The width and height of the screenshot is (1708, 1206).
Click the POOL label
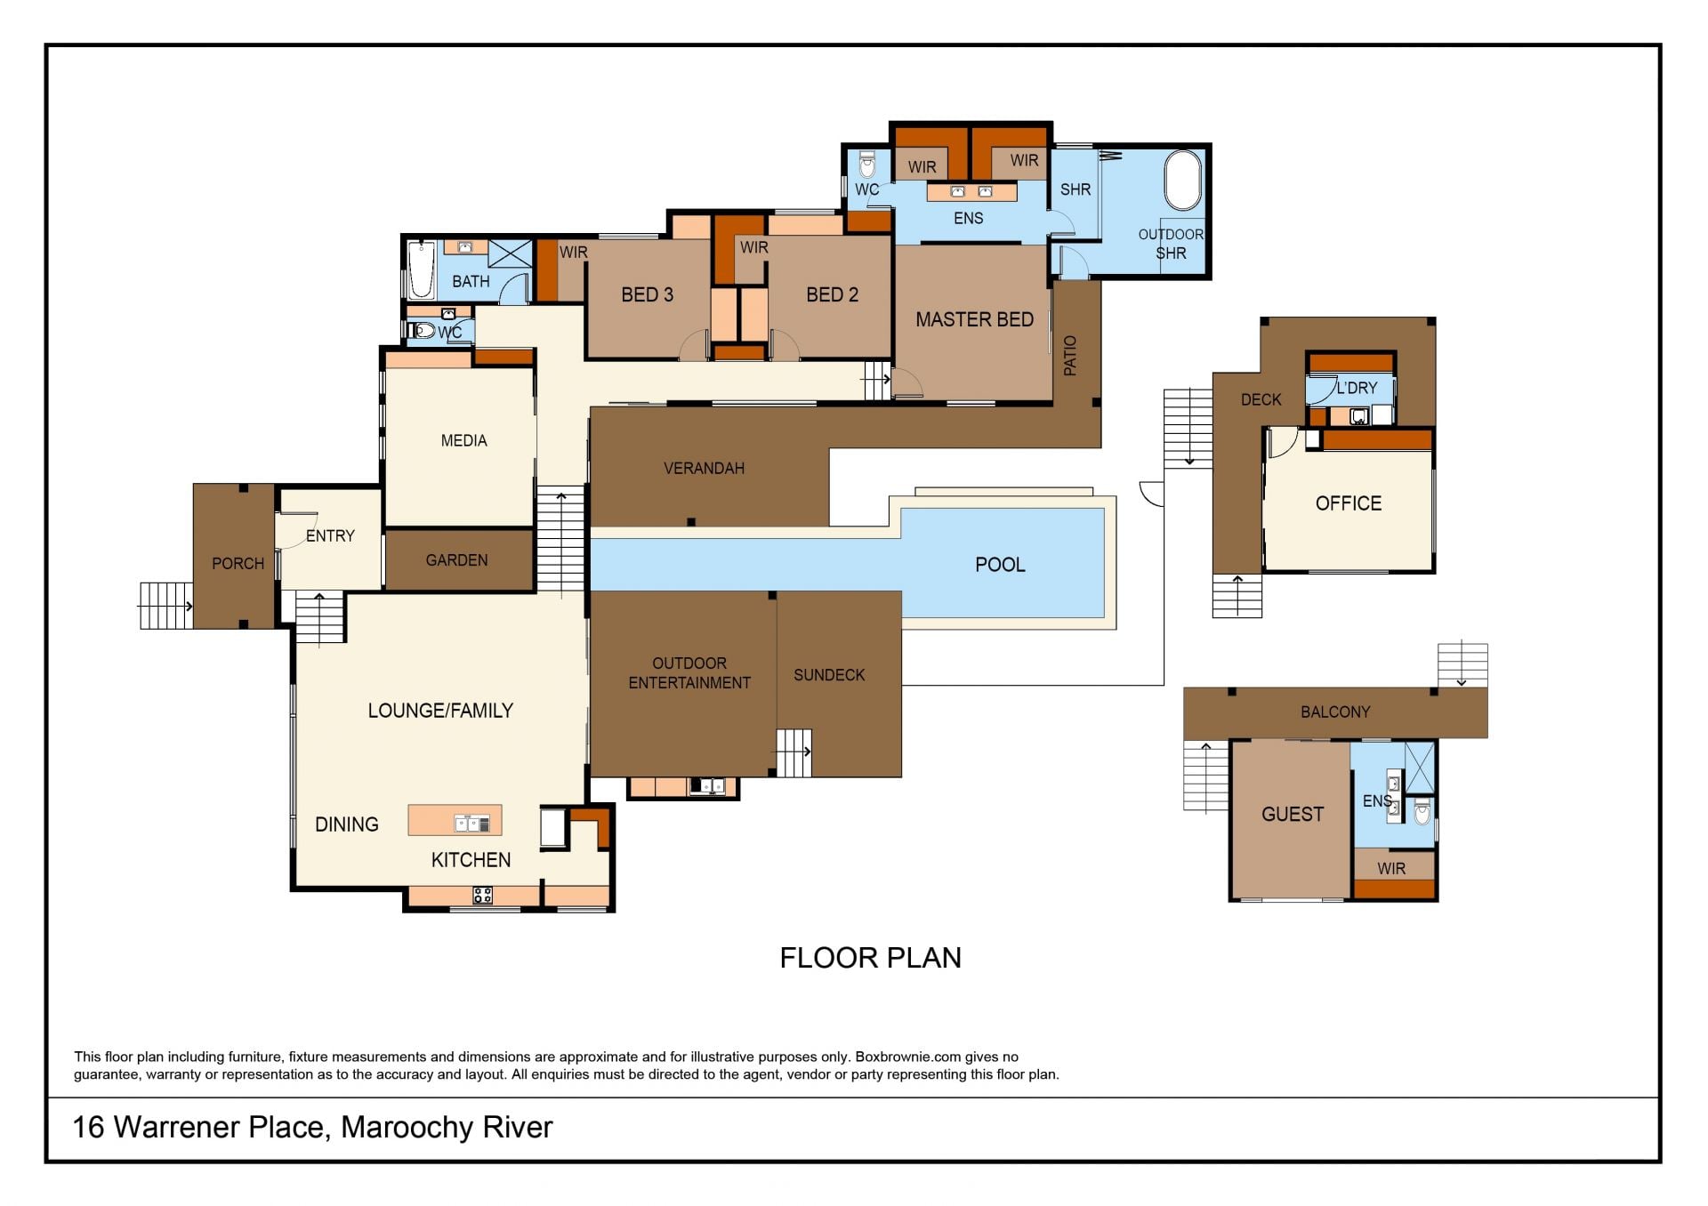pos(1000,565)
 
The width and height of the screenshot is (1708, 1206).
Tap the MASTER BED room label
pos(974,319)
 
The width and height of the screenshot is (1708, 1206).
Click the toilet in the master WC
pos(867,165)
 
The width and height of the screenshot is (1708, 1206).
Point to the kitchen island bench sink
pos(472,823)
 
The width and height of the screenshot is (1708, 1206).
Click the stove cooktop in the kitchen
pos(482,895)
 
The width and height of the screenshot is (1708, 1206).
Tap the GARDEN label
pos(456,560)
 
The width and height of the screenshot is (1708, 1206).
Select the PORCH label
pos(238,564)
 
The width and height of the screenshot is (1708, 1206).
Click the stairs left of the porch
pos(166,606)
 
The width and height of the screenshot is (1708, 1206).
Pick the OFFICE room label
pos(1349,503)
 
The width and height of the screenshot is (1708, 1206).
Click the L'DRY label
pos(1357,388)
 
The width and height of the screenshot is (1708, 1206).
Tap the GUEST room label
pos(1293,814)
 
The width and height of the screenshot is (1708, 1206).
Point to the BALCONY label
pos(1335,712)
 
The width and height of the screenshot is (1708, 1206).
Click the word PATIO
pos(1070,356)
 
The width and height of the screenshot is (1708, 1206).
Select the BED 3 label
pos(647,294)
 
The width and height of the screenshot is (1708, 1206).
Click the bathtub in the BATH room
pos(421,269)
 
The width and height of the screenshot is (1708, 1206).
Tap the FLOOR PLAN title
pos(870,958)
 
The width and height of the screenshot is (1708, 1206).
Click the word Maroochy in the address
pos(407,1128)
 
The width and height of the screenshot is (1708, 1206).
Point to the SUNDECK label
pos(829,675)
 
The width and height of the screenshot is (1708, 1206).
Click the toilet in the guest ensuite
pos(1422,810)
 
